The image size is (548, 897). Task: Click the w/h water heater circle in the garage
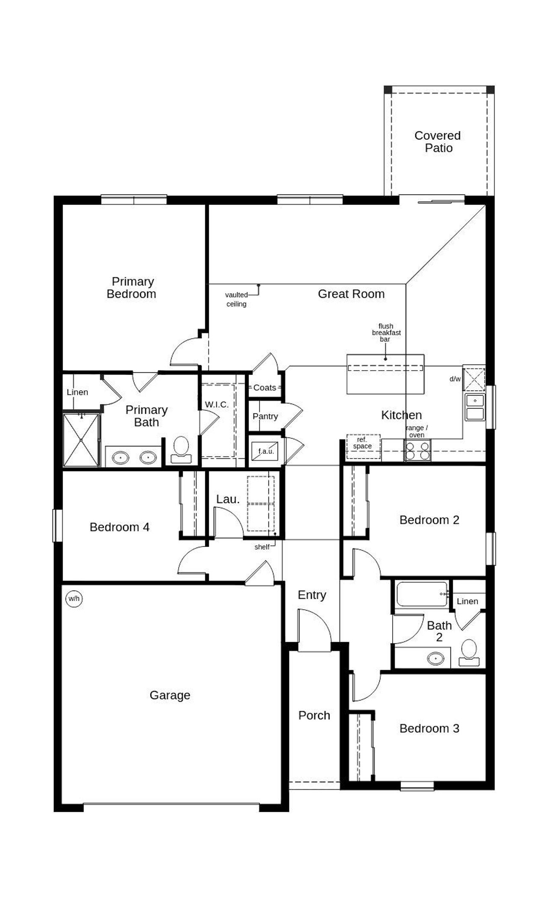pos(74,599)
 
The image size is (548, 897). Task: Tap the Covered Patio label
pos(438,142)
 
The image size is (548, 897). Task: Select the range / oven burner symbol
pos(417,451)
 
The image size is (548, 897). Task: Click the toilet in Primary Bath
pos(181,449)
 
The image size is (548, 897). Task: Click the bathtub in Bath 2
pos(422,594)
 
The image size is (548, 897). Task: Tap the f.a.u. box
pos(265,451)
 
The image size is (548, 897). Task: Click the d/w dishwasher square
pos(474,379)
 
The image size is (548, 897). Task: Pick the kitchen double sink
pos(475,407)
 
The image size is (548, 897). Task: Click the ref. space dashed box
pos(363,446)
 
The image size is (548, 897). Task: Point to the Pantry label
pos(265,416)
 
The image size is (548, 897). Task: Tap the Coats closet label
pos(265,387)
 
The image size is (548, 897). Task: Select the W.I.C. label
pos(217,404)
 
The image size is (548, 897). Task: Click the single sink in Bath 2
pos(435,658)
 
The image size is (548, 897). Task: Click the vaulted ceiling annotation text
pos(236,299)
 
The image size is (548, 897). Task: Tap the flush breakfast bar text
pos(386,332)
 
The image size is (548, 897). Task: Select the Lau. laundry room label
pos(228,499)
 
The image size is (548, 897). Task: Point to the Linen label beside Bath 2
pos(467,601)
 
